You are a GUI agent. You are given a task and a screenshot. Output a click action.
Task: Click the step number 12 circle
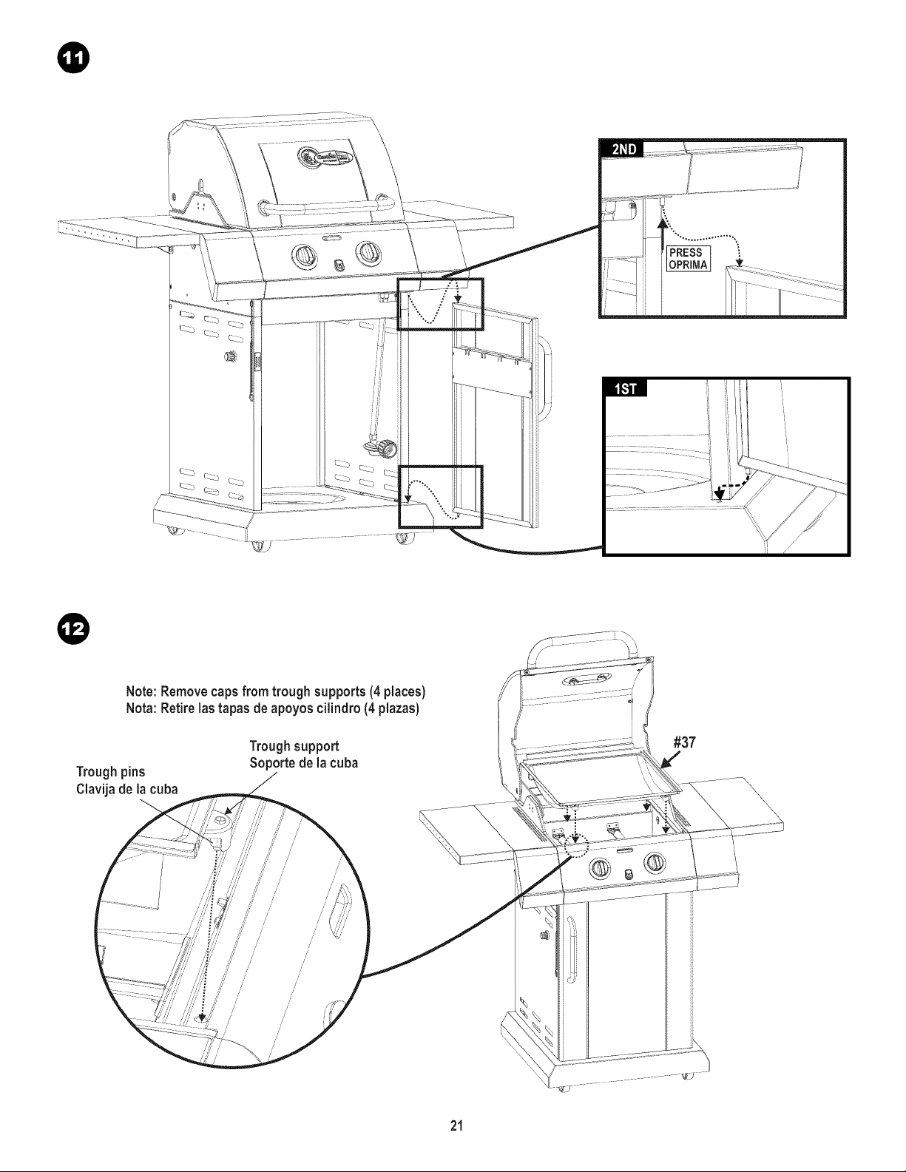coord(72,629)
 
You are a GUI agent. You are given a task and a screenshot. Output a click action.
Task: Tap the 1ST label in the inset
coord(626,387)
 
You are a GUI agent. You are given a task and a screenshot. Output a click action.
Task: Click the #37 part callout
coord(684,742)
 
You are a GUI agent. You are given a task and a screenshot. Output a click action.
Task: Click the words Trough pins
coord(110,772)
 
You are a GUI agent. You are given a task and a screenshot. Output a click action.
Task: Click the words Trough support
coord(294,746)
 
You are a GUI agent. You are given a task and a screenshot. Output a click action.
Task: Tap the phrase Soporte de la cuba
coord(304,763)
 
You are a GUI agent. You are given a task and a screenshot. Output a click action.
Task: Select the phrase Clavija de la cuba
coord(126,790)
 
